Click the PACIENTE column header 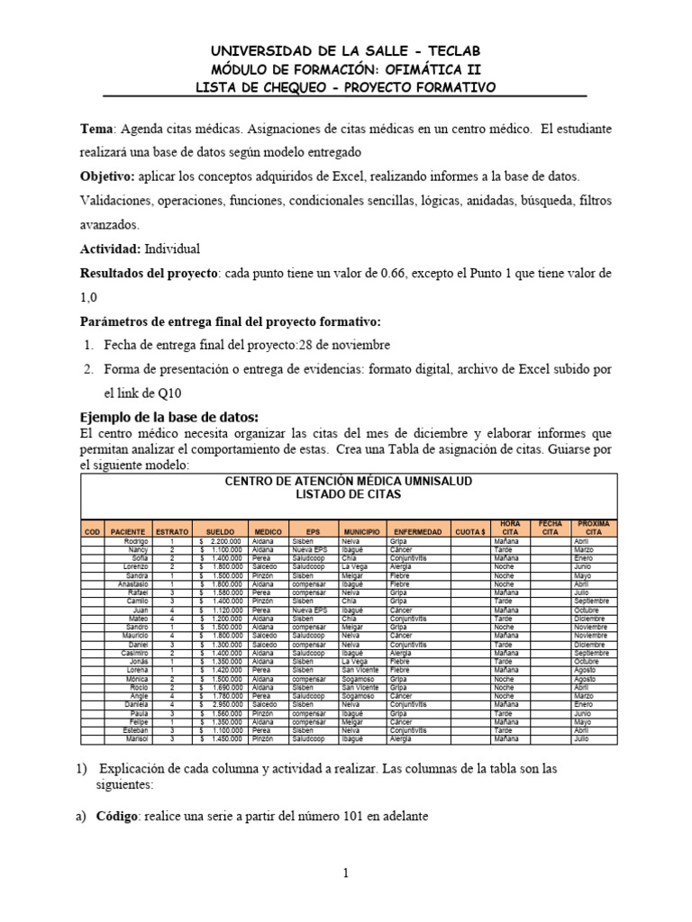point(128,532)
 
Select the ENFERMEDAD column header point(417,532)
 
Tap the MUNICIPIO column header point(360,532)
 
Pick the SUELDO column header point(220,532)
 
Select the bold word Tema point(97,131)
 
